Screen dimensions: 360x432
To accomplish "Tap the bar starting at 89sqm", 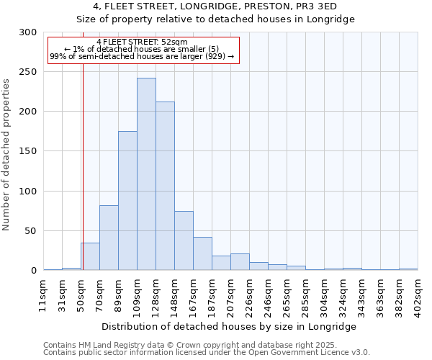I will (x=127, y=201).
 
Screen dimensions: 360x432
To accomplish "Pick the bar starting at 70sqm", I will (x=109, y=238).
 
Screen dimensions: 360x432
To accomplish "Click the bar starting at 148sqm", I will (x=184, y=240).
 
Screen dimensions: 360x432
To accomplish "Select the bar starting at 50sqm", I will (x=90, y=256).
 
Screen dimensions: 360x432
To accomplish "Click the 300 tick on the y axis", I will (x=28, y=32).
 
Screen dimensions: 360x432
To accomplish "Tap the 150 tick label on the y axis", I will (x=28, y=151).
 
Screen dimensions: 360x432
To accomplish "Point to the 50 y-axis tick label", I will (x=31, y=231).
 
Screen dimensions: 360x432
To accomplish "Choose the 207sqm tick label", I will (x=231, y=296).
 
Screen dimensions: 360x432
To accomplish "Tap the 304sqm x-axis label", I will (x=325, y=296).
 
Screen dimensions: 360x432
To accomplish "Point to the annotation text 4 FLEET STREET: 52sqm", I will (x=142, y=42).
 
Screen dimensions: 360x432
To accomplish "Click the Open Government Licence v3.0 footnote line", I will (x=207, y=353).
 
